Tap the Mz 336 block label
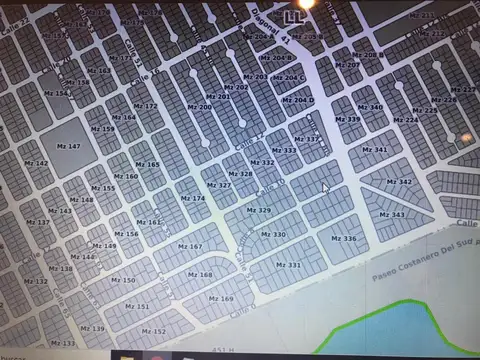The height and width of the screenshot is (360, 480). click(343, 239)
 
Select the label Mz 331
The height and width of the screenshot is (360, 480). click(288, 265)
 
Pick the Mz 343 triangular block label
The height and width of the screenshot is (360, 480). click(392, 214)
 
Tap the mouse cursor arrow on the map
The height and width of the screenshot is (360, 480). click(325, 187)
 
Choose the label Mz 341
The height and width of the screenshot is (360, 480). click(374, 150)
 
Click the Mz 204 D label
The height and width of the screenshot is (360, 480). click(298, 100)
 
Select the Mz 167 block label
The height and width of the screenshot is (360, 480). click(189, 245)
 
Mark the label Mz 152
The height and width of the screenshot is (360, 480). click(154, 331)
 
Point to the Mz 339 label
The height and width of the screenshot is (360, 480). click(348, 119)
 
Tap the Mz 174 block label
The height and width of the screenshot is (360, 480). click(192, 198)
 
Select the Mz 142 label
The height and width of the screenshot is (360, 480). click(35, 163)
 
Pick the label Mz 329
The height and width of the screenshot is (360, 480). click(258, 210)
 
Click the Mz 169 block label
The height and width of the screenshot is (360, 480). click(220, 298)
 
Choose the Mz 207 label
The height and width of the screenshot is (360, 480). click(348, 65)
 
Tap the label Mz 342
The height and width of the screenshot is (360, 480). click(399, 182)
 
